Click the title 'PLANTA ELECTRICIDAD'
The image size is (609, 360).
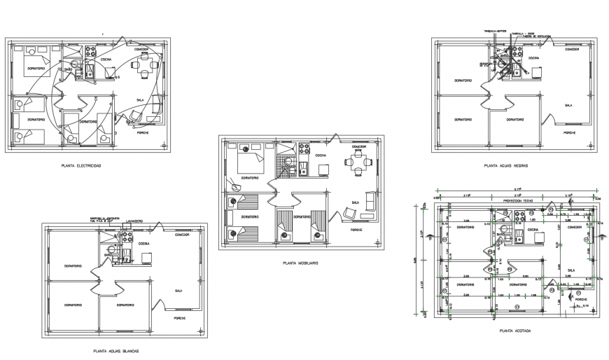[82, 166]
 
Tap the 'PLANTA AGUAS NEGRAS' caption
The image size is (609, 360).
[505, 166]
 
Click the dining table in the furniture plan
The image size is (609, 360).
[358, 165]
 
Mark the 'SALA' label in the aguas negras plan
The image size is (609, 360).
[568, 104]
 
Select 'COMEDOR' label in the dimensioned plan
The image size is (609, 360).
[574, 227]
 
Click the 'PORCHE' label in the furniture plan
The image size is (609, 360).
[356, 230]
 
